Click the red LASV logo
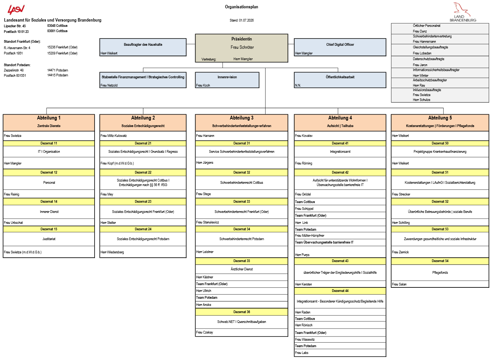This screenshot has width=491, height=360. pyautogui.click(x=16, y=9)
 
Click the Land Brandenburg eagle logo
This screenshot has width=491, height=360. pyautogui.click(x=463, y=12)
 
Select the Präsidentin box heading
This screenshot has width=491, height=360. pyautogui.click(x=242, y=39)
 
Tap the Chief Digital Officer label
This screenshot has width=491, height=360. pyautogui.click(x=340, y=45)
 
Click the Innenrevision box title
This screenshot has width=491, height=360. pyautogui.click(x=227, y=77)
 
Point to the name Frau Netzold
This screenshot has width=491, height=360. pyautogui.click(x=109, y=85)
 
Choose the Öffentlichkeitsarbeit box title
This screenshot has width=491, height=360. pyautogui.click(x=340, y=77)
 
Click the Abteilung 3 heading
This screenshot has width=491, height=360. pyautogui.click(x=242, y=118)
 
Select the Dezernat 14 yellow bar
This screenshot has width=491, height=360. pyautogui.click(x=49, y=202)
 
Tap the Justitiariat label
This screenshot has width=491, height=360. pyautogui.click(x=49, y=239)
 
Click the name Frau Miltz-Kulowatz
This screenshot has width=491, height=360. pyautogui.click(x=113, y=136)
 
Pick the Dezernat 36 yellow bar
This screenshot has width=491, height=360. pyautogui.click(x=242, y=312)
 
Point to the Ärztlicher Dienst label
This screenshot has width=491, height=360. pyautogui.click(x=242, y=269)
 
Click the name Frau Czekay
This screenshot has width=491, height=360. pyautogui.click(x=205, y=332)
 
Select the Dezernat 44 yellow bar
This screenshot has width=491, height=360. pyautogui.click(x=340, y=291)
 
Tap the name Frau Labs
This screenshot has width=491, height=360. pyautogui.click(x=301, y=353)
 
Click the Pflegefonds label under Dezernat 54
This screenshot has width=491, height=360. pyautogui.click(x=440, y=273)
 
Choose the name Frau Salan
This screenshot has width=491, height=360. pyautogui.click(x=399, y=284)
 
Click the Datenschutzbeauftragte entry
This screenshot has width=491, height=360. pyautogui.click(x=428, y=59)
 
